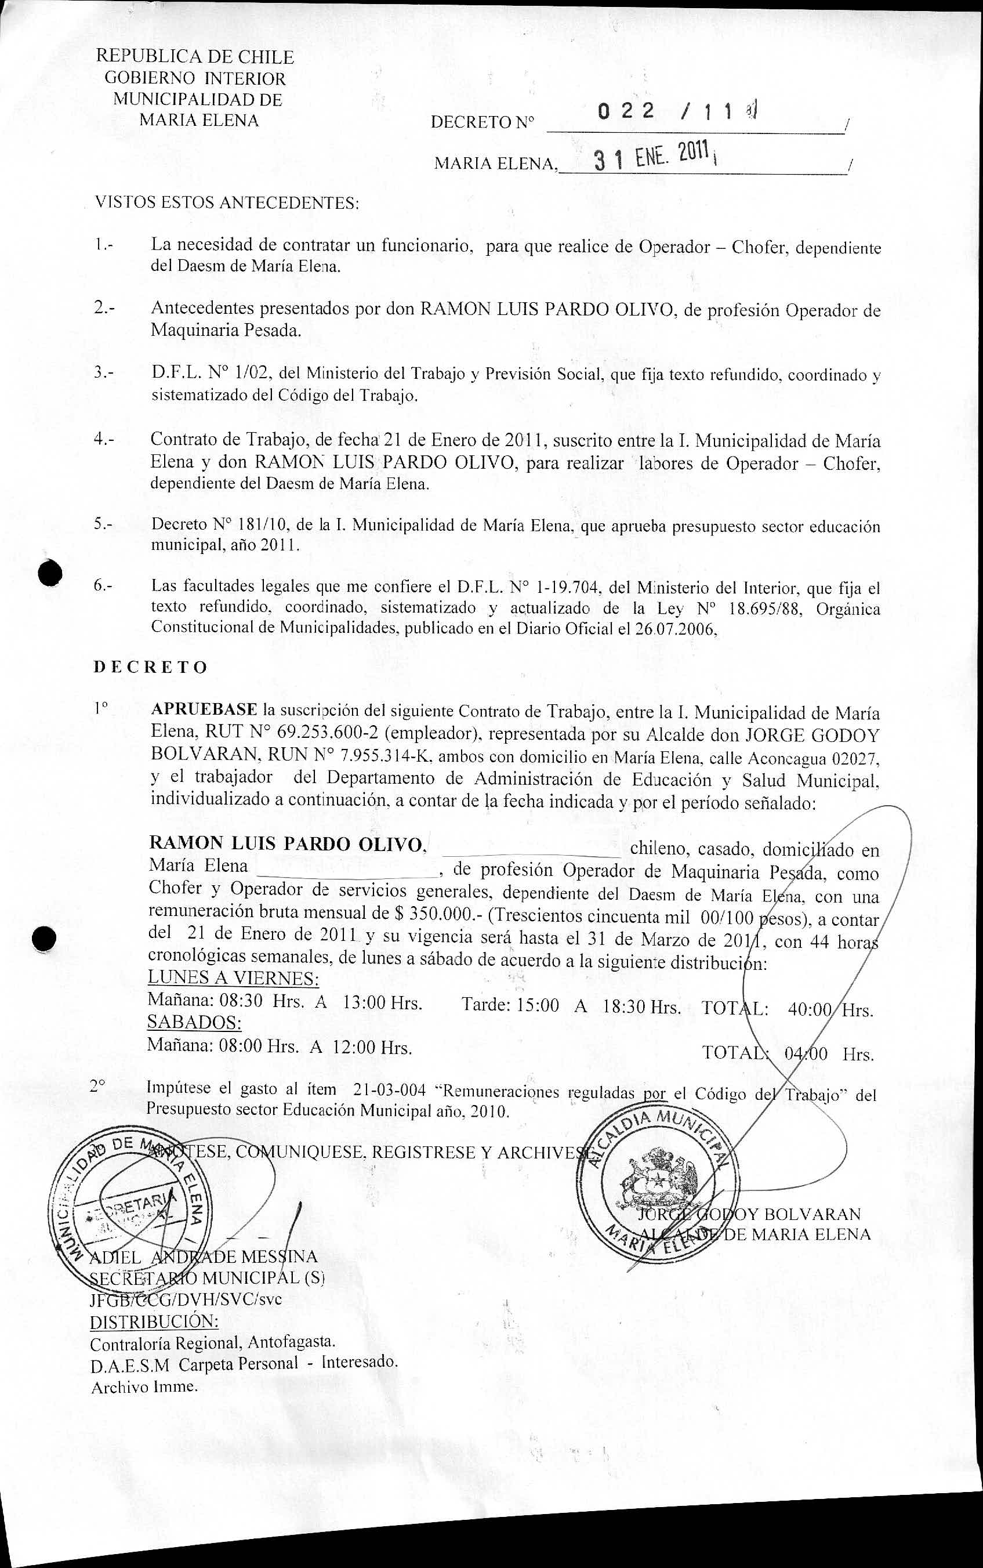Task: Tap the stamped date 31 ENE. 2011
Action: (652, 157)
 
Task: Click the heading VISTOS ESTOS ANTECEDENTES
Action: (227, 202)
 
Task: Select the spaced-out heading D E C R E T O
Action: (150, 667)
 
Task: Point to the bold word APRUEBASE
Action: (204, 709)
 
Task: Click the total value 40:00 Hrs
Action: (829, 1009)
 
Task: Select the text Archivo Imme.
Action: (144, 1386)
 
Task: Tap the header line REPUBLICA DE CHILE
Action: (194, 57)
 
